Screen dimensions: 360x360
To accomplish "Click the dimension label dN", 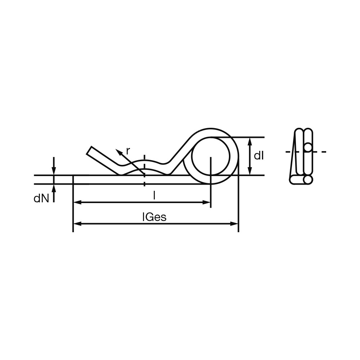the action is point(41,199).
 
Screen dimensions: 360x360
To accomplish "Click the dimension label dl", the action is point(259,156).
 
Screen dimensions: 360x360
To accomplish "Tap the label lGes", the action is point(154,217).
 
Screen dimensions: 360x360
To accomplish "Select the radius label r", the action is point(128,151).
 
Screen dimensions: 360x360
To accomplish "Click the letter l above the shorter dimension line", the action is point(154,196).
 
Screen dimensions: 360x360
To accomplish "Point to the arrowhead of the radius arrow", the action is point(118,152).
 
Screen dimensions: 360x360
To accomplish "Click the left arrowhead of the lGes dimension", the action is point(77,224).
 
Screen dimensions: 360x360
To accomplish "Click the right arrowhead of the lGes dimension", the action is point(234,224).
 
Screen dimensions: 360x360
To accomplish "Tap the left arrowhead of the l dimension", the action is point(77,202).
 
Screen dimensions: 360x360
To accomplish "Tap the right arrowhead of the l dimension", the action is point(206,202).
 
